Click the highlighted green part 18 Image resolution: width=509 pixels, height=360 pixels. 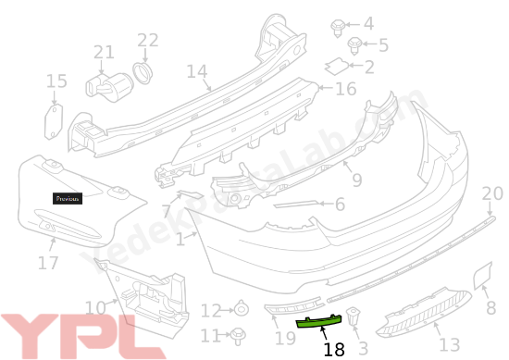pos(319,323)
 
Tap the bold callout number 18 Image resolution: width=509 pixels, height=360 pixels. pos(334,349)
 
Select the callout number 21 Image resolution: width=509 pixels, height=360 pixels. pos(104,53)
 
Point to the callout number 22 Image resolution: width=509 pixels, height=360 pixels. pos(148,40)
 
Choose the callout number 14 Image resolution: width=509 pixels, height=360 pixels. pos(196,71)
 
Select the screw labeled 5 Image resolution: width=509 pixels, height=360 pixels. pos(354,44)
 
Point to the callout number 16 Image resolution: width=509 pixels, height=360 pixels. pos(344,89)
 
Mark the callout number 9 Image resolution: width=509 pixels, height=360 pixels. pos(356,180)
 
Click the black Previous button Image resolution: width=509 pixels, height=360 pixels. pos(67,198)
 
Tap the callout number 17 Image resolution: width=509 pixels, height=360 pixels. pos(48,263)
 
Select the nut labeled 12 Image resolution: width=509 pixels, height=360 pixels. pos(240,310)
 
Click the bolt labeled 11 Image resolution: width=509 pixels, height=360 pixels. pos(239,334)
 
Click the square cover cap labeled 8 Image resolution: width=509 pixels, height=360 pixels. pos(482,274)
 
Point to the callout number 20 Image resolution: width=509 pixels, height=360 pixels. pos(492,193)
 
